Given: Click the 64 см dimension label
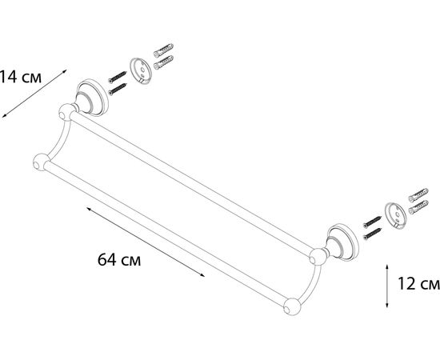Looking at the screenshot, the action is pos(119,259).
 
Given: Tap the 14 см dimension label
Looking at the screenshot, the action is pos(20,77).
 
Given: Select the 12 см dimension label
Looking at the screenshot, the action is pos(418,283).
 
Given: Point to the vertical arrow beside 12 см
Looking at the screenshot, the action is pos(387,286).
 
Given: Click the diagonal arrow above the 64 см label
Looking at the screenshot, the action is pos(146,242).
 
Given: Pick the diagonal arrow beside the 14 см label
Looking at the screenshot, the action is pos(34,94).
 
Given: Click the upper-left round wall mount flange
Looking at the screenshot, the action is pos(93,98).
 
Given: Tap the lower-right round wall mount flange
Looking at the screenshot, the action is pos(343,242).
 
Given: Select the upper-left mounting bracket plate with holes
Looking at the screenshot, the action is pos(141,70).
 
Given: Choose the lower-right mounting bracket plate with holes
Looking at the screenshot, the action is pos(395,215).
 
